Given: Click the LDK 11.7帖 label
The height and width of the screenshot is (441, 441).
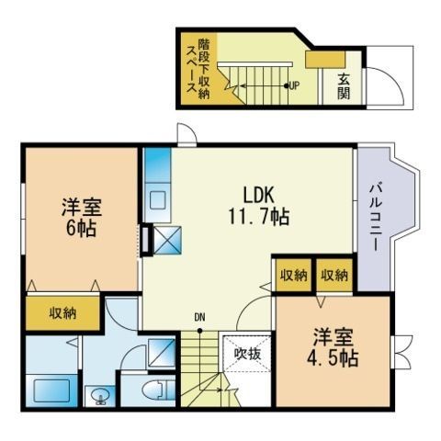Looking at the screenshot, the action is pos(259,206).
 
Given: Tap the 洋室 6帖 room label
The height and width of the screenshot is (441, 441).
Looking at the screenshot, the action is pos(82,217).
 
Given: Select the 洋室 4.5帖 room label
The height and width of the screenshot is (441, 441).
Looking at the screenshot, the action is pos(333,347).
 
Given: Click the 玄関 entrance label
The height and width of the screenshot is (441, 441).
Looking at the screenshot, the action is pos(344,86).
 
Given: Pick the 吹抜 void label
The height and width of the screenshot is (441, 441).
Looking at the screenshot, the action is pos(247,354).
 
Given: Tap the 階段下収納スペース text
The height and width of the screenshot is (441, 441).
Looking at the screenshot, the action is pos(198,69).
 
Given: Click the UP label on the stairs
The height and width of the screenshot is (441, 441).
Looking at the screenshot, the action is pos(294,85).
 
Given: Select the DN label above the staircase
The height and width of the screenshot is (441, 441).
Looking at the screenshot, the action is pos(199,318).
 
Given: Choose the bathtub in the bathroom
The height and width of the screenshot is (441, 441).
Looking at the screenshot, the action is pos(51,390).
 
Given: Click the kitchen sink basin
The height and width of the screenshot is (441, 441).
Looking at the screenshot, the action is pos(158,201).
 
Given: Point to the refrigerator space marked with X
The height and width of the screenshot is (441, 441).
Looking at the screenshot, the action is pos(167,240).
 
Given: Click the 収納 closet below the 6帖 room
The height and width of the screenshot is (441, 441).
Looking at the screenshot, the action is pos(62,313).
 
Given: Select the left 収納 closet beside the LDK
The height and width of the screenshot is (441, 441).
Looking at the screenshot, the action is pos(294,275).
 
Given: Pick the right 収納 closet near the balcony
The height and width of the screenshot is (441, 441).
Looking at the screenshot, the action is pos(334,275).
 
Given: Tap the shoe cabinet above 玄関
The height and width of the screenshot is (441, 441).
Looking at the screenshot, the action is pos(325,60).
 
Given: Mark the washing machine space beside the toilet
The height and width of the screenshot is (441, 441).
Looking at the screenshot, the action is pos(162,353).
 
